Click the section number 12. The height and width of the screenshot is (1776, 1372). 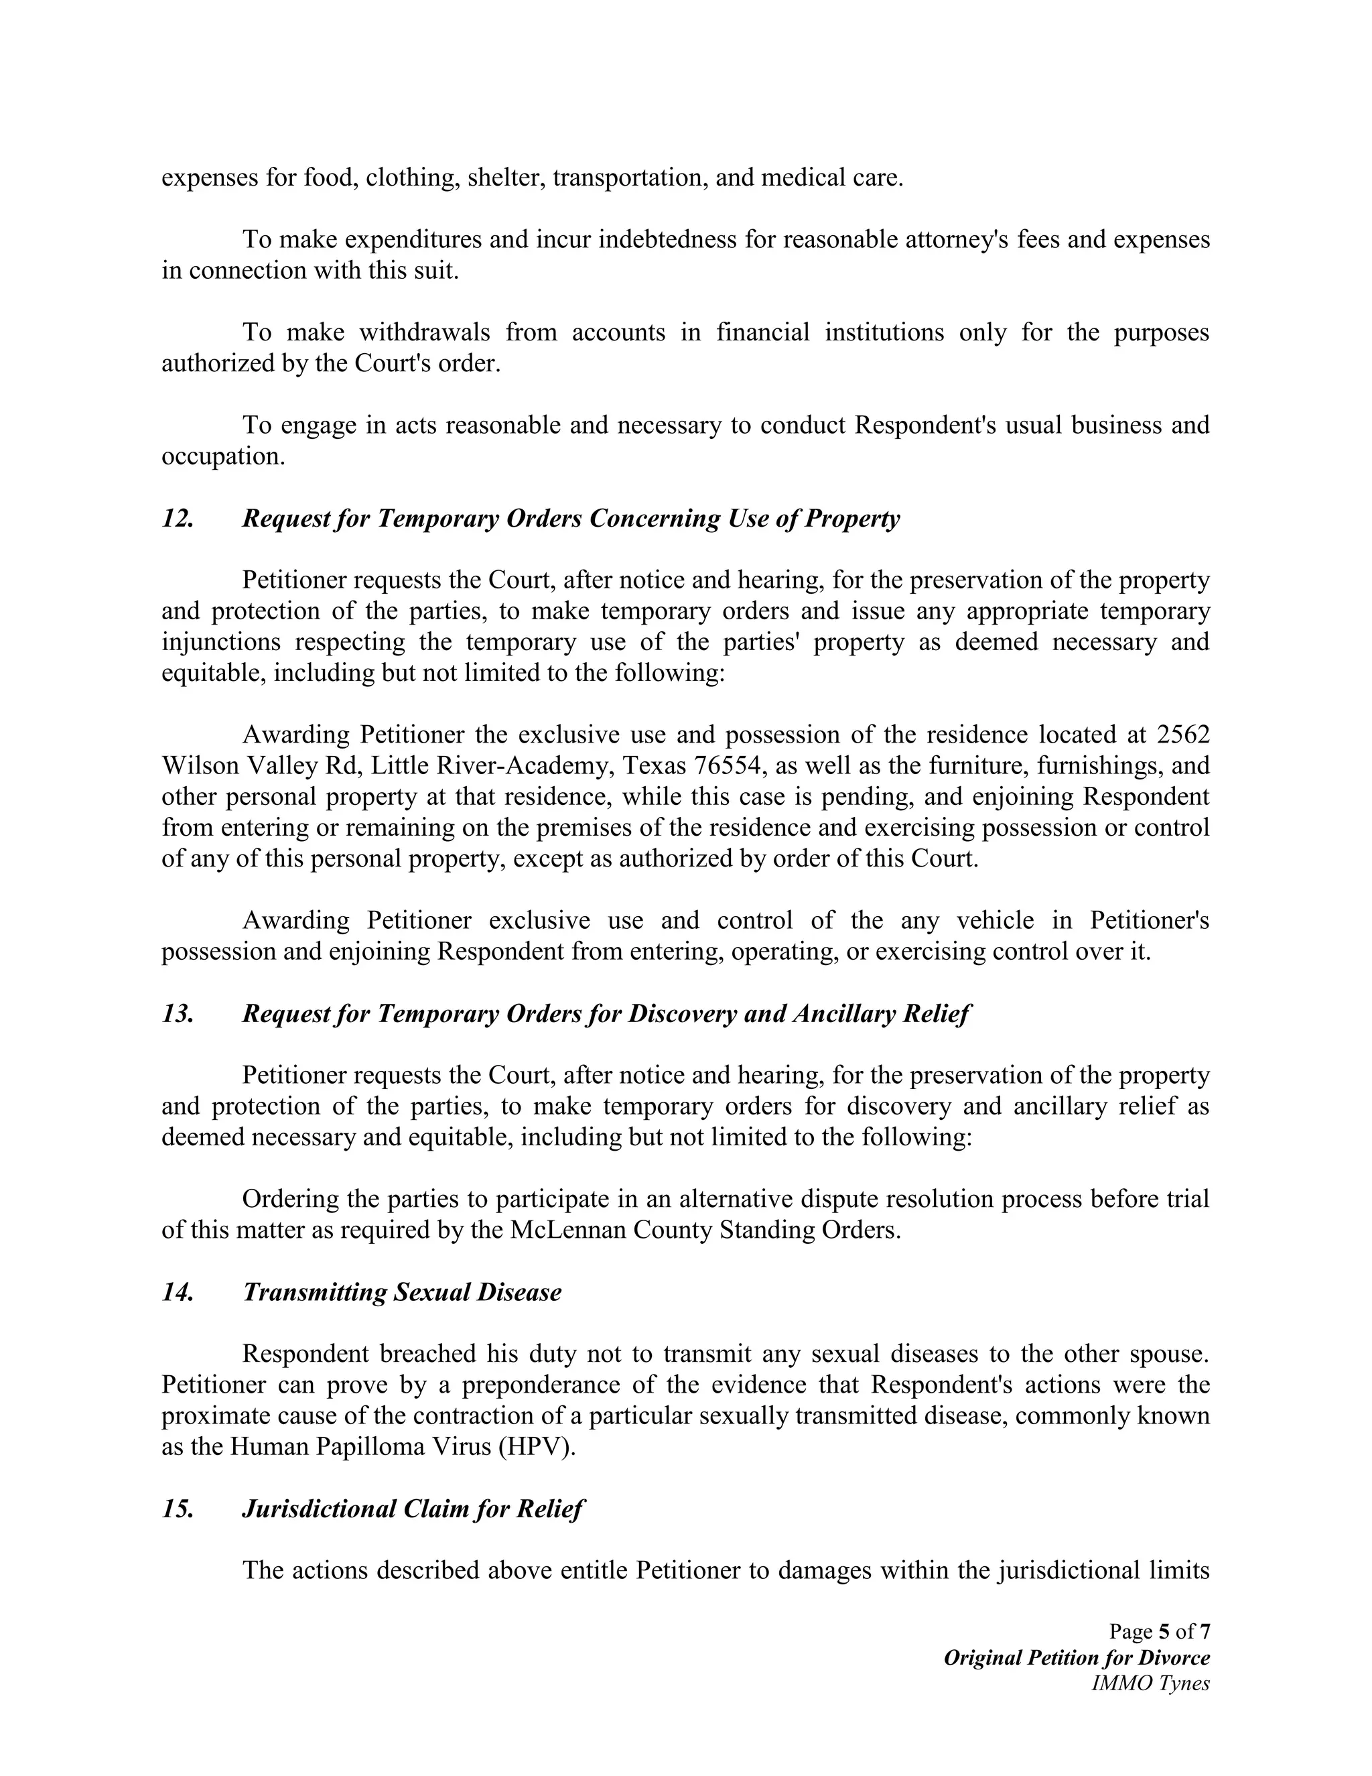pyautogui.click(x=177, y=519)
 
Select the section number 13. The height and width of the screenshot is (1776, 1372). pyautogui.click(x=177, y=1014)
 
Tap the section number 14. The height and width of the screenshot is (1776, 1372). pyautogui.click(x=177, y=1292)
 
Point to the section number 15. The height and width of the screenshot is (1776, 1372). pyautogui.click(x=177, y=1509)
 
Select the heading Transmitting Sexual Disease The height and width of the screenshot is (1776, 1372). pyautogui.click(x=401, y=1292)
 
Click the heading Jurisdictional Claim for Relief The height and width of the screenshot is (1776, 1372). pyautogui.click(x=413, y=1509)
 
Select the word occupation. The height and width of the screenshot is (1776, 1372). pyautogui.click(x=222, y=456)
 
